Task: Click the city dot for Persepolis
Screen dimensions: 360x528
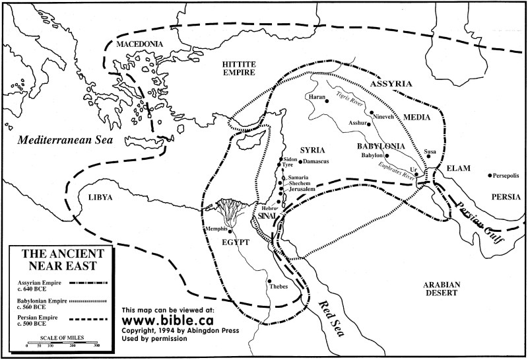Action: tap(489, 176)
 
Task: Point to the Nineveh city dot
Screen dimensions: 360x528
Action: tap(372, 113)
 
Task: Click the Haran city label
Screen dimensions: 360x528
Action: tap(316, 97)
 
